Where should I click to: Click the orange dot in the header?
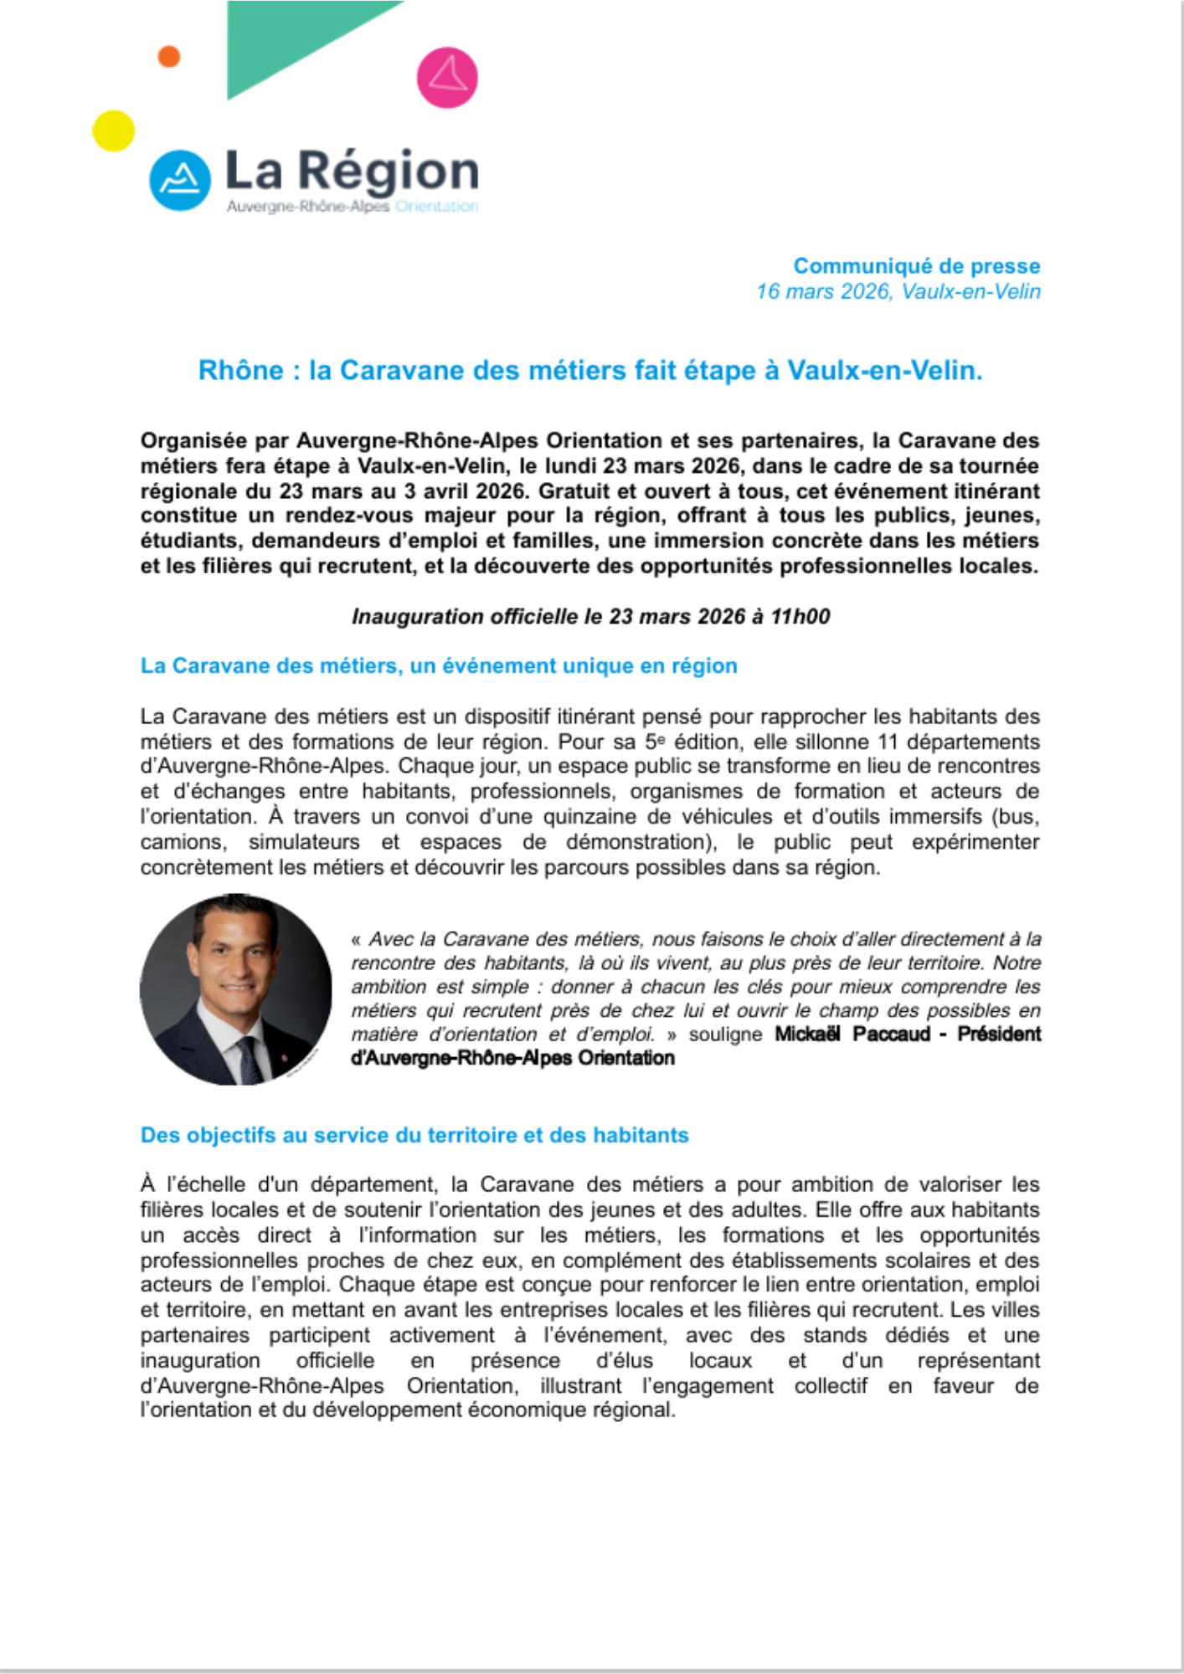coord(169,56)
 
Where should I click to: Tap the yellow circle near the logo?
coord(113,131)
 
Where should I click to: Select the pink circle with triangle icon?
coord(447,77)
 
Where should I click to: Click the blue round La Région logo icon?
coord(179,180)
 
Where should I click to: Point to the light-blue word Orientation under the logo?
coord(436,206)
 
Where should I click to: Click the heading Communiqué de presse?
coord(916,266)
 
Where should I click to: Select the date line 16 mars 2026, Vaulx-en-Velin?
coord(898,291)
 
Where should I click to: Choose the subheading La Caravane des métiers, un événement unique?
coord(439,665)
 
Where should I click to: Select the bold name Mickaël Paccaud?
coord(852,1034)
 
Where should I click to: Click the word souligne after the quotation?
coord(725,1035)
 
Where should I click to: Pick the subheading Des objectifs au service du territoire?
coord(414,1135)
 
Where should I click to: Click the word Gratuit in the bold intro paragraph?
coord(574,490)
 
